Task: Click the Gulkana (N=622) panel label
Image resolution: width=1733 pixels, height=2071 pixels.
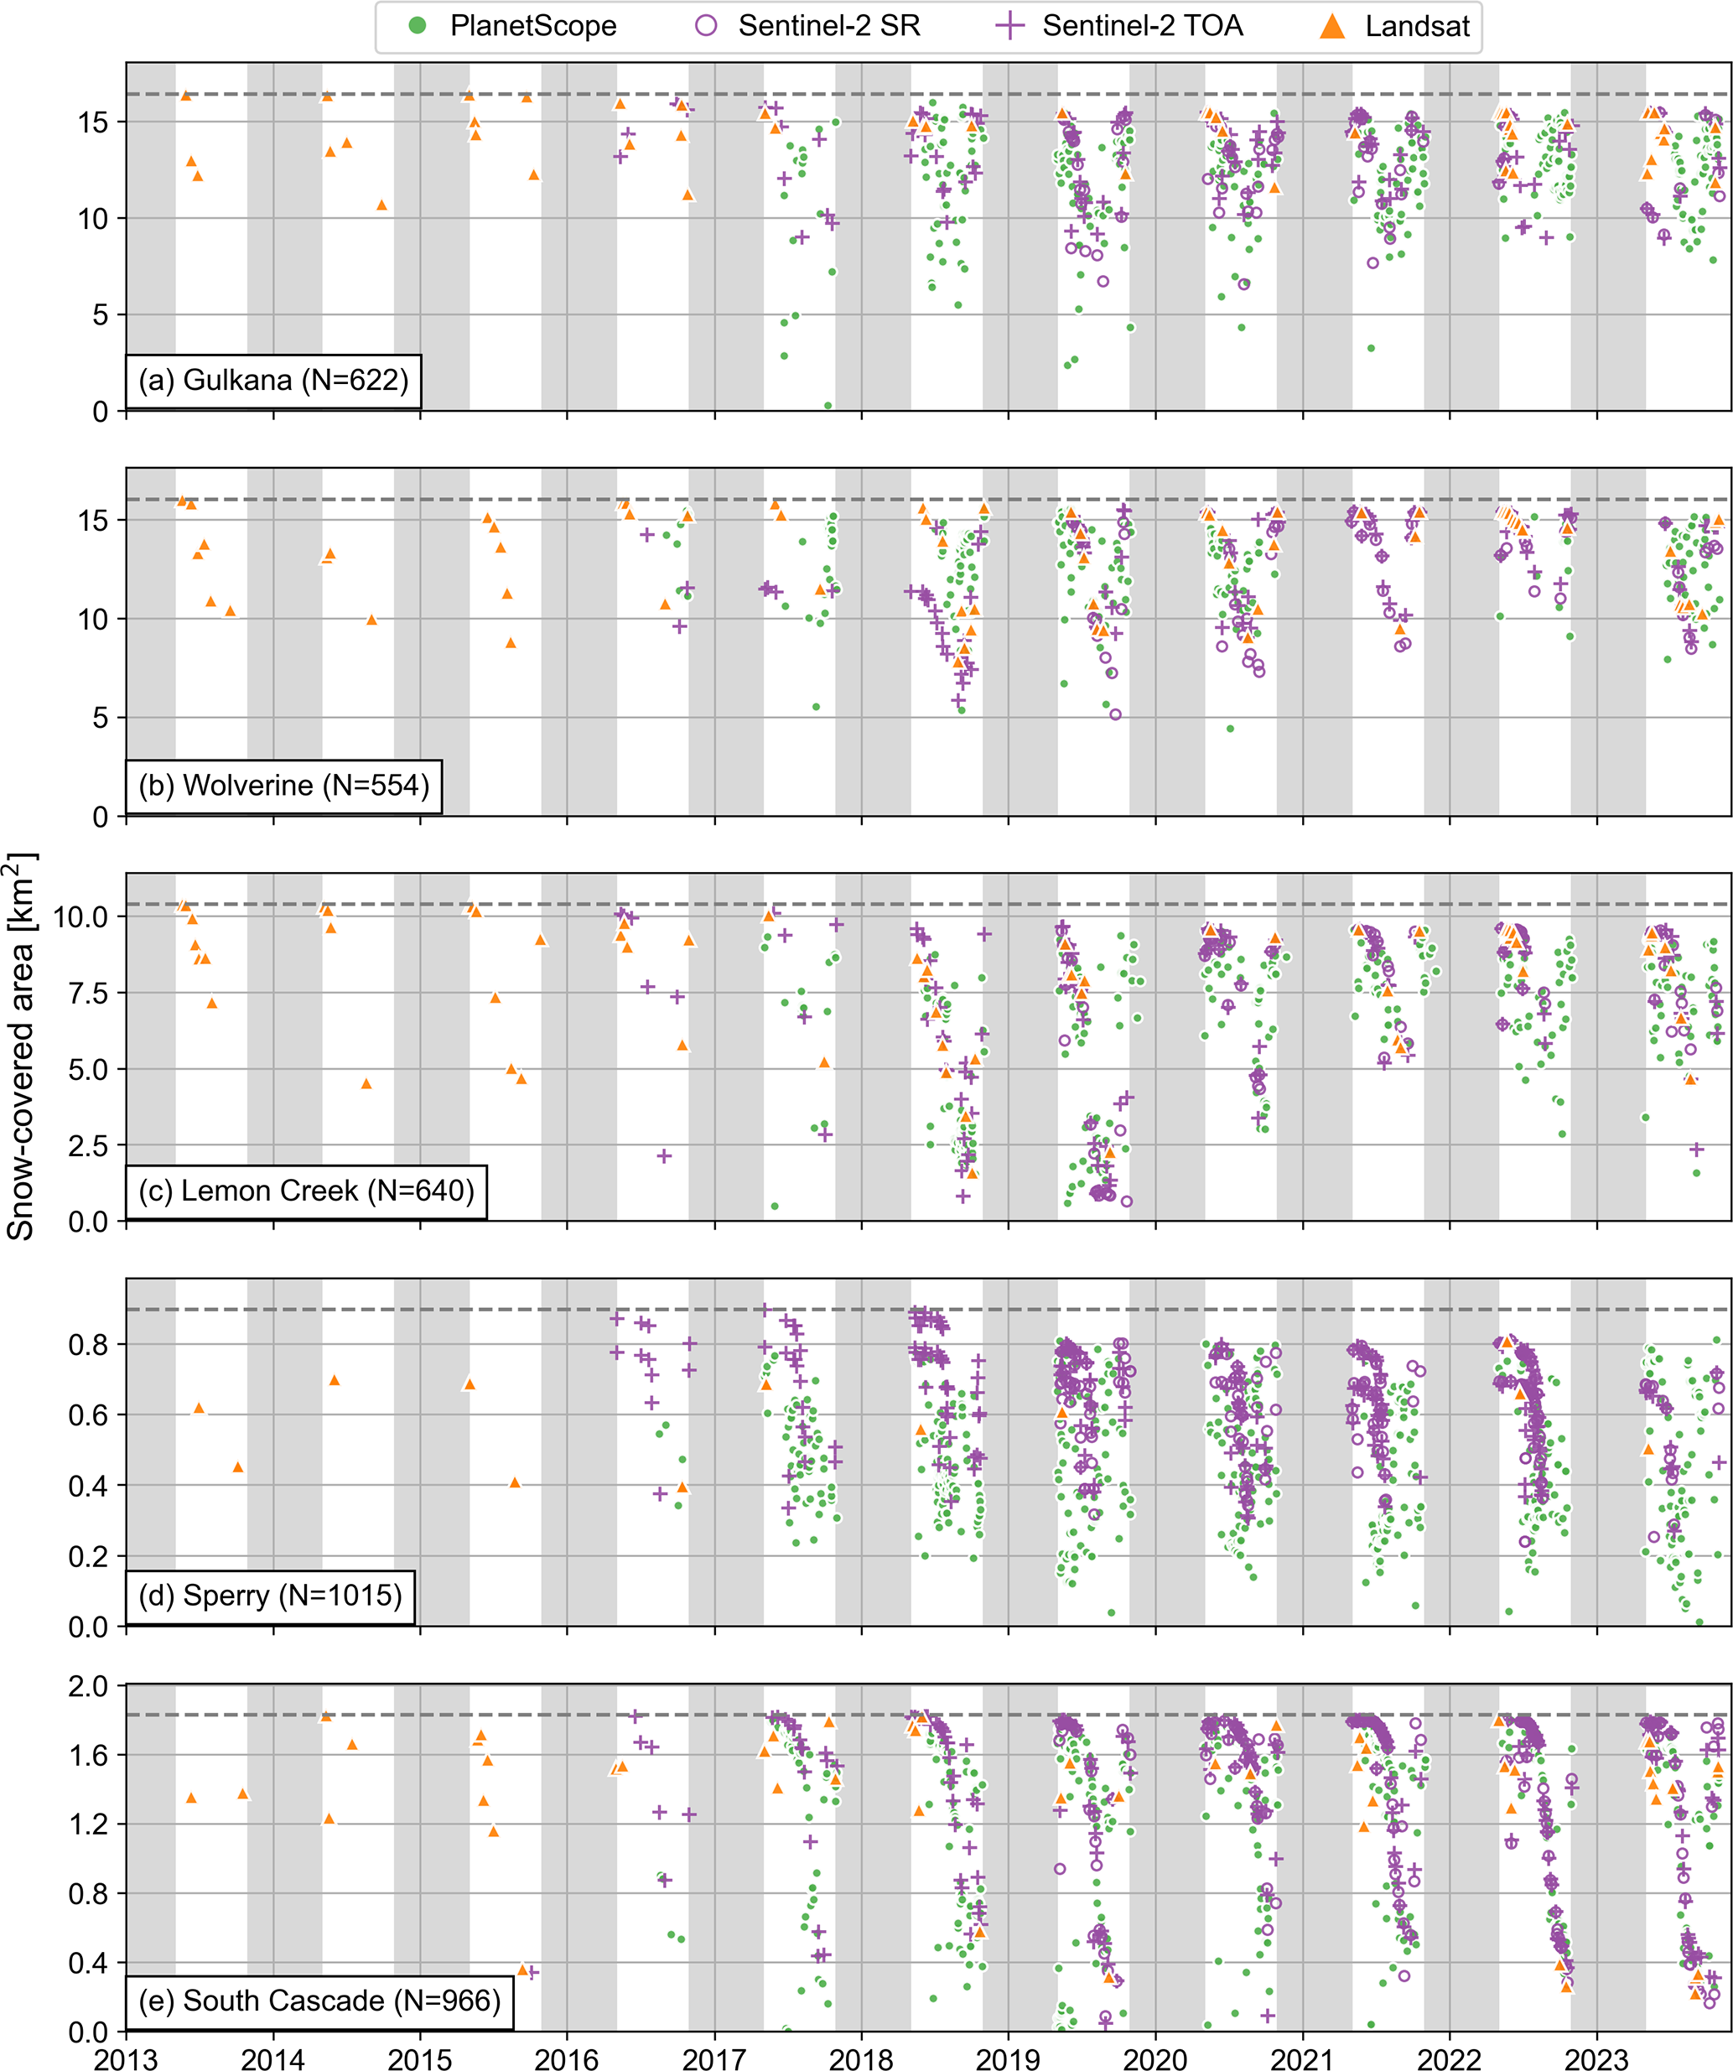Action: point(273,380)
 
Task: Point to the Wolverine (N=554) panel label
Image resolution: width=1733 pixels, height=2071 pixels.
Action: point(283,785)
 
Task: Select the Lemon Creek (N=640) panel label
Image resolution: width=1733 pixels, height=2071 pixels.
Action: point(306,1191)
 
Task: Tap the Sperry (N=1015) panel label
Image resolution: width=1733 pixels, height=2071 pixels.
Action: point(269,1595)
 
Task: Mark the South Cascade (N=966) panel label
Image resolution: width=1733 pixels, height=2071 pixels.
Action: point(319,2000)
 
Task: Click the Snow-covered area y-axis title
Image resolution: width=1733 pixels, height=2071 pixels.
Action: point(22,1046)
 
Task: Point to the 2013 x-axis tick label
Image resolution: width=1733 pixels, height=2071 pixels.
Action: point(125,2058)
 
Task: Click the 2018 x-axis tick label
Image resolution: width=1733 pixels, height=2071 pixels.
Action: point(860,2058)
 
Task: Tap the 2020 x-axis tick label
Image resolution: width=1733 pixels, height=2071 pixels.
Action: point(1155,2058)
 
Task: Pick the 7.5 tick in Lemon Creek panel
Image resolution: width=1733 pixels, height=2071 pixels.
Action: point(90,993)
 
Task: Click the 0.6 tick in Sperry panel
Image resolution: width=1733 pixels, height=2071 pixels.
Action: point(90,1415)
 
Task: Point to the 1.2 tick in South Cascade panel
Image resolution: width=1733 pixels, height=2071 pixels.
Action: point(90,1824)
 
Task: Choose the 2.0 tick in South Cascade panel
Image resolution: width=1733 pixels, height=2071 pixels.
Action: point(90,1686)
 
